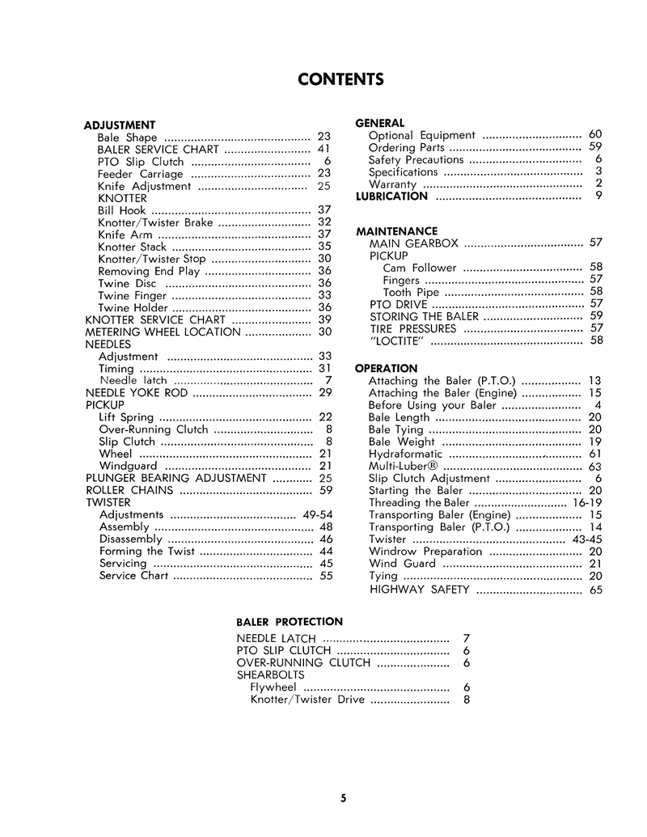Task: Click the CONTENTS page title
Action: point(340,79)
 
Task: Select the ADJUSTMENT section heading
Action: point(120,125)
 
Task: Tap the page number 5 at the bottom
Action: point(344,799)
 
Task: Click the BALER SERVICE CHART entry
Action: point(158,150)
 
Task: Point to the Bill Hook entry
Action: point(121,210)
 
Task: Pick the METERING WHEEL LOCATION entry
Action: point(163,332)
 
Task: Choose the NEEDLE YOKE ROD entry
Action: point(137,392)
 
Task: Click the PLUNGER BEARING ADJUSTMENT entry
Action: point(176,478)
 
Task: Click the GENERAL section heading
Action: point(380,123)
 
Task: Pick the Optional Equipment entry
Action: point(421,135)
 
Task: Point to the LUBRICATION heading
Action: point(391,196)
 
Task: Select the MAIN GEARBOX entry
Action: point(413,243)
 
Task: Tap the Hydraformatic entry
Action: point(405,454)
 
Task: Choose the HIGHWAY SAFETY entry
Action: point(419,590)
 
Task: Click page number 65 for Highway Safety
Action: point(596,590)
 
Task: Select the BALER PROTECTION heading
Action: point(290,622)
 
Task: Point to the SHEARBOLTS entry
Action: point(270,674)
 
